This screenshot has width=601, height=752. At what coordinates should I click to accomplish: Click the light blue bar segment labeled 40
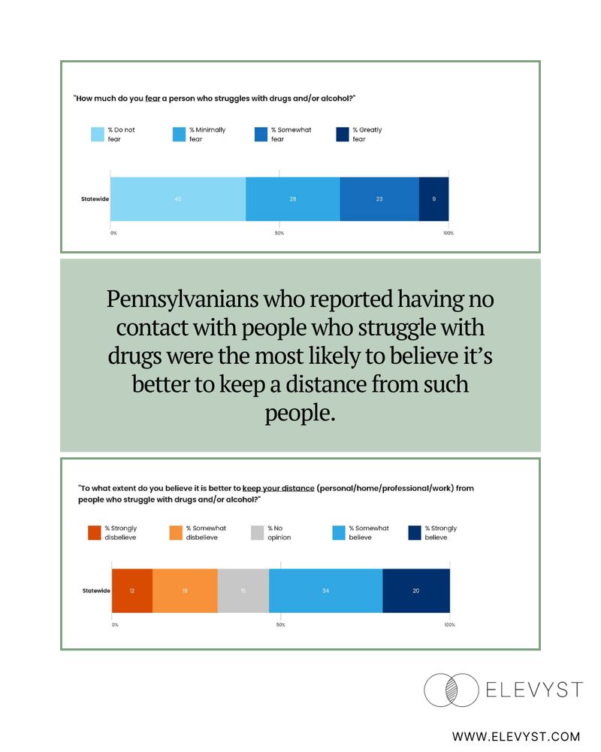tap(178, 199)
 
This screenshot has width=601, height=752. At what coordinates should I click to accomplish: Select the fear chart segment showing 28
tap(293, 199)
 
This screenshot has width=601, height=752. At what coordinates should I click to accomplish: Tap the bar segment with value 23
tap(379, 199)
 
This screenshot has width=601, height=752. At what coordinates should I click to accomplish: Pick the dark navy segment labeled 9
tap(433, 199)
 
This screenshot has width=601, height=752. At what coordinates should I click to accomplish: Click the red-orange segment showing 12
tap(131, 590)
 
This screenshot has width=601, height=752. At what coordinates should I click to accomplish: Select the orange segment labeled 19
tap(185, 590)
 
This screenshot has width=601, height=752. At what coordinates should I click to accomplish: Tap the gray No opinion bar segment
tap(243, 590)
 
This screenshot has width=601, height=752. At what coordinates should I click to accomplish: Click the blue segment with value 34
tap(325, 590)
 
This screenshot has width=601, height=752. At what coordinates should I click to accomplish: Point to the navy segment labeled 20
tap(416, 590)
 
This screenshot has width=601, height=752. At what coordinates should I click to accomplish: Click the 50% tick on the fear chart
tap(279, 234)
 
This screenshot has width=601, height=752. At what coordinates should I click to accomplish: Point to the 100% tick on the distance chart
tap(449, 625)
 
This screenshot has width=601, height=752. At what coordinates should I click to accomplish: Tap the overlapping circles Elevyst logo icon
tap(451, 690)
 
